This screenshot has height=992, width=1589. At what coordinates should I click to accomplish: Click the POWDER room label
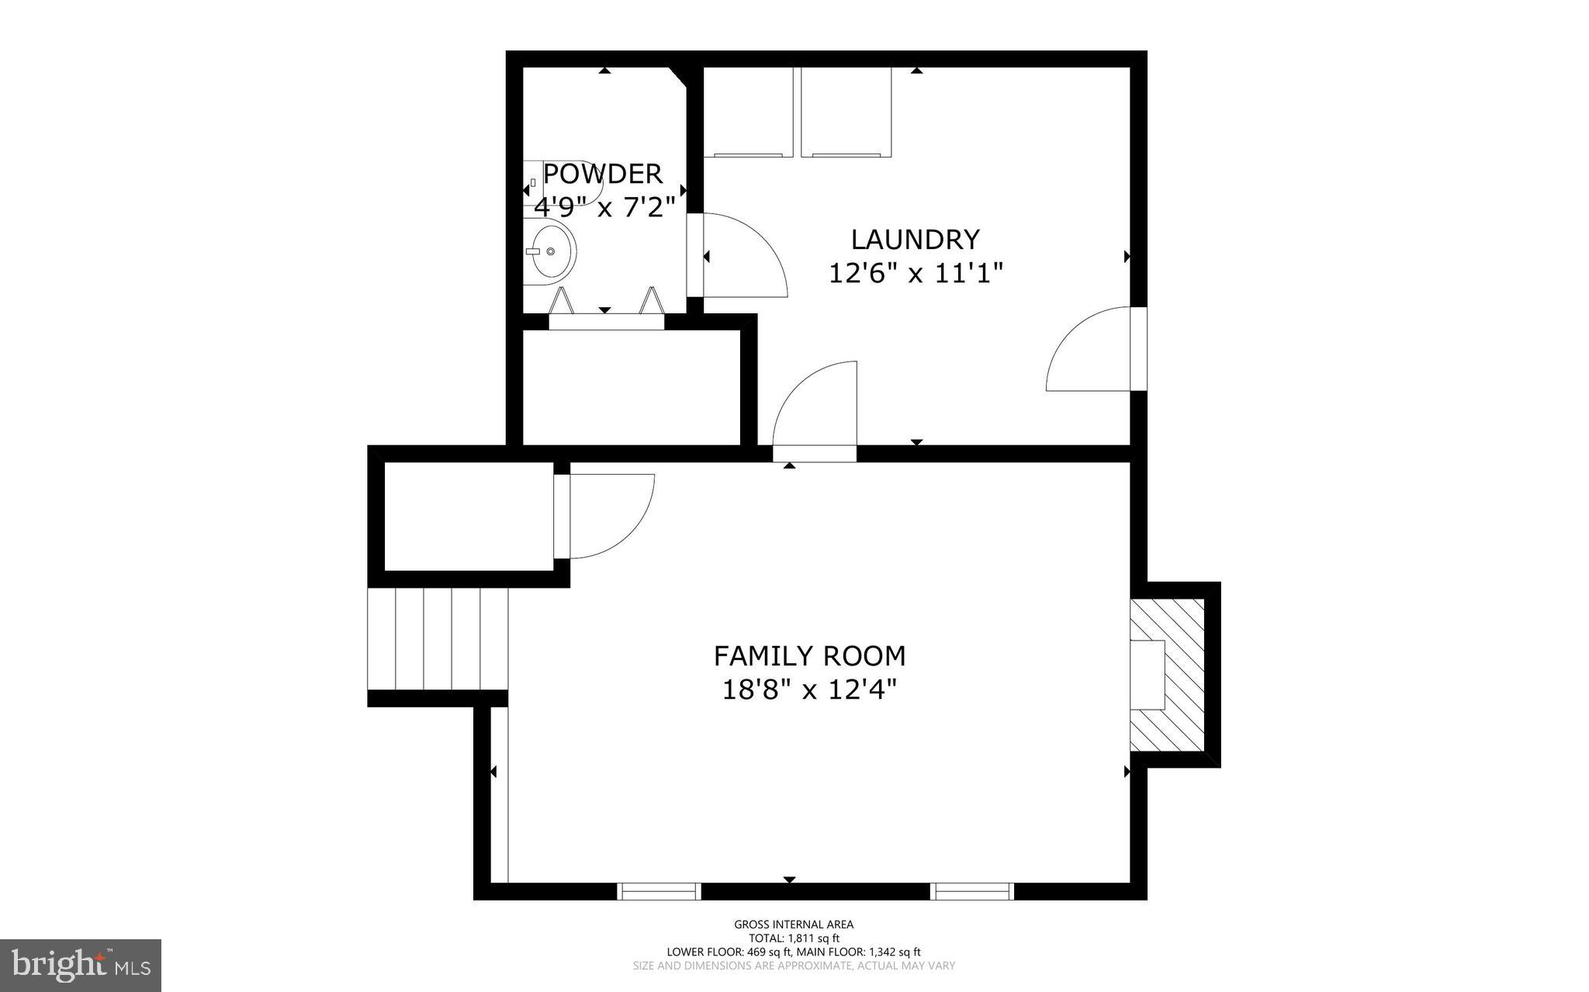603,173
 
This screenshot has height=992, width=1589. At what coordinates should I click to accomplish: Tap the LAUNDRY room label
916,240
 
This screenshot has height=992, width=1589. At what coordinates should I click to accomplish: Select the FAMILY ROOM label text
809,656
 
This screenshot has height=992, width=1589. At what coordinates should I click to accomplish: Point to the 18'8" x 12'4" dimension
809,690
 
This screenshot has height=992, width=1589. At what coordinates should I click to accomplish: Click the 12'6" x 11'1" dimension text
916,273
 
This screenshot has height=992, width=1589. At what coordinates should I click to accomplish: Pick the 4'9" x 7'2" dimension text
600,207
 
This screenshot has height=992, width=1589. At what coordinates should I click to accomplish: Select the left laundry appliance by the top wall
748,112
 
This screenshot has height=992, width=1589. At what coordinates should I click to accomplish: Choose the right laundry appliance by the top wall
846,112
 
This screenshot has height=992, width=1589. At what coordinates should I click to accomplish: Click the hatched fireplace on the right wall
1168,675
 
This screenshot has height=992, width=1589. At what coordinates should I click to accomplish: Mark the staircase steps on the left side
438,639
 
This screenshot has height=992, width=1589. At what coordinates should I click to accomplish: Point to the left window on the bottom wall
659,891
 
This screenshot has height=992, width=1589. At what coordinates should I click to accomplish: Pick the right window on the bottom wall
972,891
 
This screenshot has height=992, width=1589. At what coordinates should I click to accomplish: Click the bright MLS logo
81,965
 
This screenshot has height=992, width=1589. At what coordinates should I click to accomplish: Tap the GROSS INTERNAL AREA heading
794,924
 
